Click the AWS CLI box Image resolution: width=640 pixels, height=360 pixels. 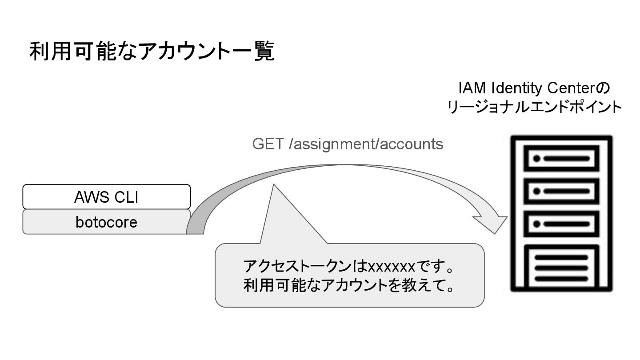[x=106, y=196]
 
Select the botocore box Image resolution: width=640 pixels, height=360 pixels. [x=106, y=222]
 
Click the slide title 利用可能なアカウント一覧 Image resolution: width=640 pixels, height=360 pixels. [x=152, y=51]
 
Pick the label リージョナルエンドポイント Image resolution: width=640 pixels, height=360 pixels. [x=535, y=108]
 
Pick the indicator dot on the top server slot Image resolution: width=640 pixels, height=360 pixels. [x=536, y=158]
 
